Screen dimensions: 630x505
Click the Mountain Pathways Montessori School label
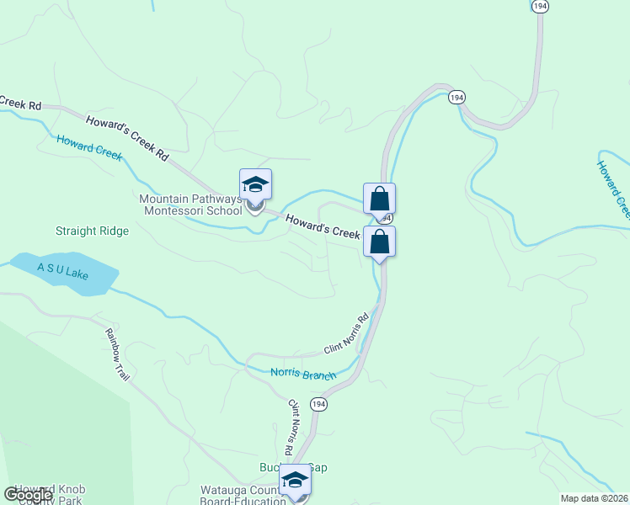click(190, 205)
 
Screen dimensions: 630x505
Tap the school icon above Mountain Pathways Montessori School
click(255, 184)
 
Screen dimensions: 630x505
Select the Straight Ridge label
click(92, 231)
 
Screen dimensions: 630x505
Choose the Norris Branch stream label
click(303, 375)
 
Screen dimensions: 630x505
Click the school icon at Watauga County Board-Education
click(295, 481)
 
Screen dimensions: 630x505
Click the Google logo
click(28, 495)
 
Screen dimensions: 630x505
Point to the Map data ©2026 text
click(593, 497)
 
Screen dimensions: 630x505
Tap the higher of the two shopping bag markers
click(379, 199)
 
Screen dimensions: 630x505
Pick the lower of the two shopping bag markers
click(379, 242)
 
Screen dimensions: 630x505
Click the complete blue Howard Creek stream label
click(89, 147)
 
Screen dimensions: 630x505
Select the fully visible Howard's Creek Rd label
click(127, 134)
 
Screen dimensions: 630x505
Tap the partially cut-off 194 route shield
click(541, 5)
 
